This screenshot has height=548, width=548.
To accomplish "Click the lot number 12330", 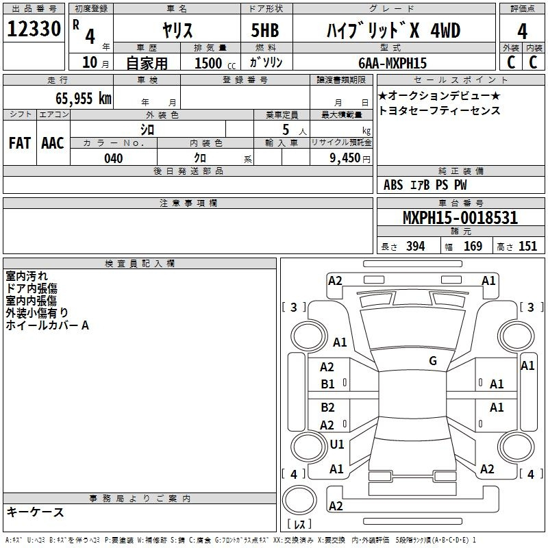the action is coord(34,29).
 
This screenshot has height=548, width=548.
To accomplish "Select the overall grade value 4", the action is coord(522,32).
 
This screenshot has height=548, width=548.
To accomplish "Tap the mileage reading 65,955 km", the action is coord(84,98).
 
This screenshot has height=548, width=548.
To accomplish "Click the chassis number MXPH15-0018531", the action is coord(460,218).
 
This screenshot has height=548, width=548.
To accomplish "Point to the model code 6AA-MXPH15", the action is coord(393,63).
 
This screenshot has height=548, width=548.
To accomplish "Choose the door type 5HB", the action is coord(265,30).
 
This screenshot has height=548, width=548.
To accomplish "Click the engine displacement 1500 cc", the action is coord(215,63).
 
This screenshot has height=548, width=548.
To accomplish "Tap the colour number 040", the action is coord(114,158).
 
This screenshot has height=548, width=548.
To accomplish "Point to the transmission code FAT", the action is coord(20,143).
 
